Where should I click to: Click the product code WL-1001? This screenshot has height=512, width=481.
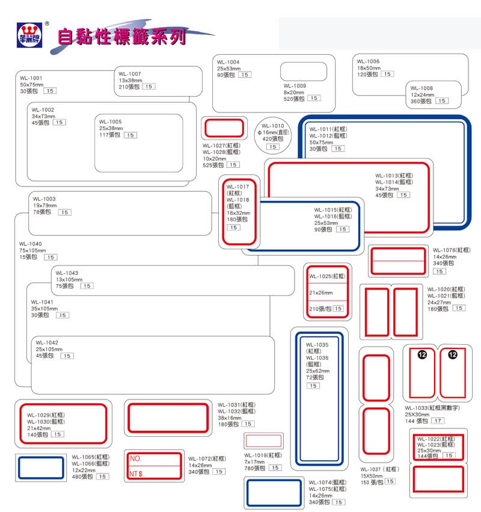click(31, 78)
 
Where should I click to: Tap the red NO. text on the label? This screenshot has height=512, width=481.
click(135, 459)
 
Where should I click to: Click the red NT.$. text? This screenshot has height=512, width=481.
click(138, 474)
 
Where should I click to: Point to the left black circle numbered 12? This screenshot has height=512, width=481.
click(422, 354)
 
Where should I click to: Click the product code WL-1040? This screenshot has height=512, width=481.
click(31, 244)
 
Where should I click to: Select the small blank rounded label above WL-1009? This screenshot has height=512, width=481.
click(304, 72)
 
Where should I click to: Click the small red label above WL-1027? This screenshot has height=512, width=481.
click(224, 128)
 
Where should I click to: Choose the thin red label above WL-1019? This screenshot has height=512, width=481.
click(263, 440)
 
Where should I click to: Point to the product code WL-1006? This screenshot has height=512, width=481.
click(368, 61)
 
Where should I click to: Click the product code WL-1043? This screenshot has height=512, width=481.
click(67, 273)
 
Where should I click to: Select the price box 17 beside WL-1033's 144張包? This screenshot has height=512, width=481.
click(438, 421)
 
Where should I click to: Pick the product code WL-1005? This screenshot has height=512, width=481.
click(111, 122)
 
